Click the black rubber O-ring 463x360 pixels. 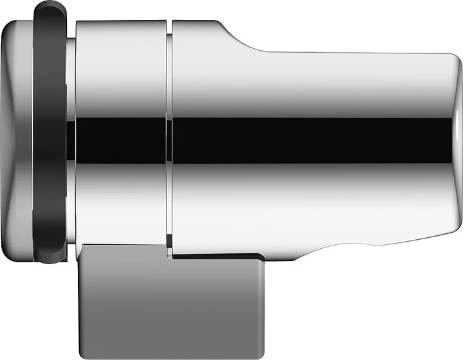[x=50, y=135]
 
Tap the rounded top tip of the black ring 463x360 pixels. [x=50, y=8]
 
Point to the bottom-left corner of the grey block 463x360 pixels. [x=78, y=350]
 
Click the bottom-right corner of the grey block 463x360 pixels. [x=262, y=350]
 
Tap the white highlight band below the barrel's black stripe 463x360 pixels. [x=309, y=193]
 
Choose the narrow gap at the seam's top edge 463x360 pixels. [x=171, y=23]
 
